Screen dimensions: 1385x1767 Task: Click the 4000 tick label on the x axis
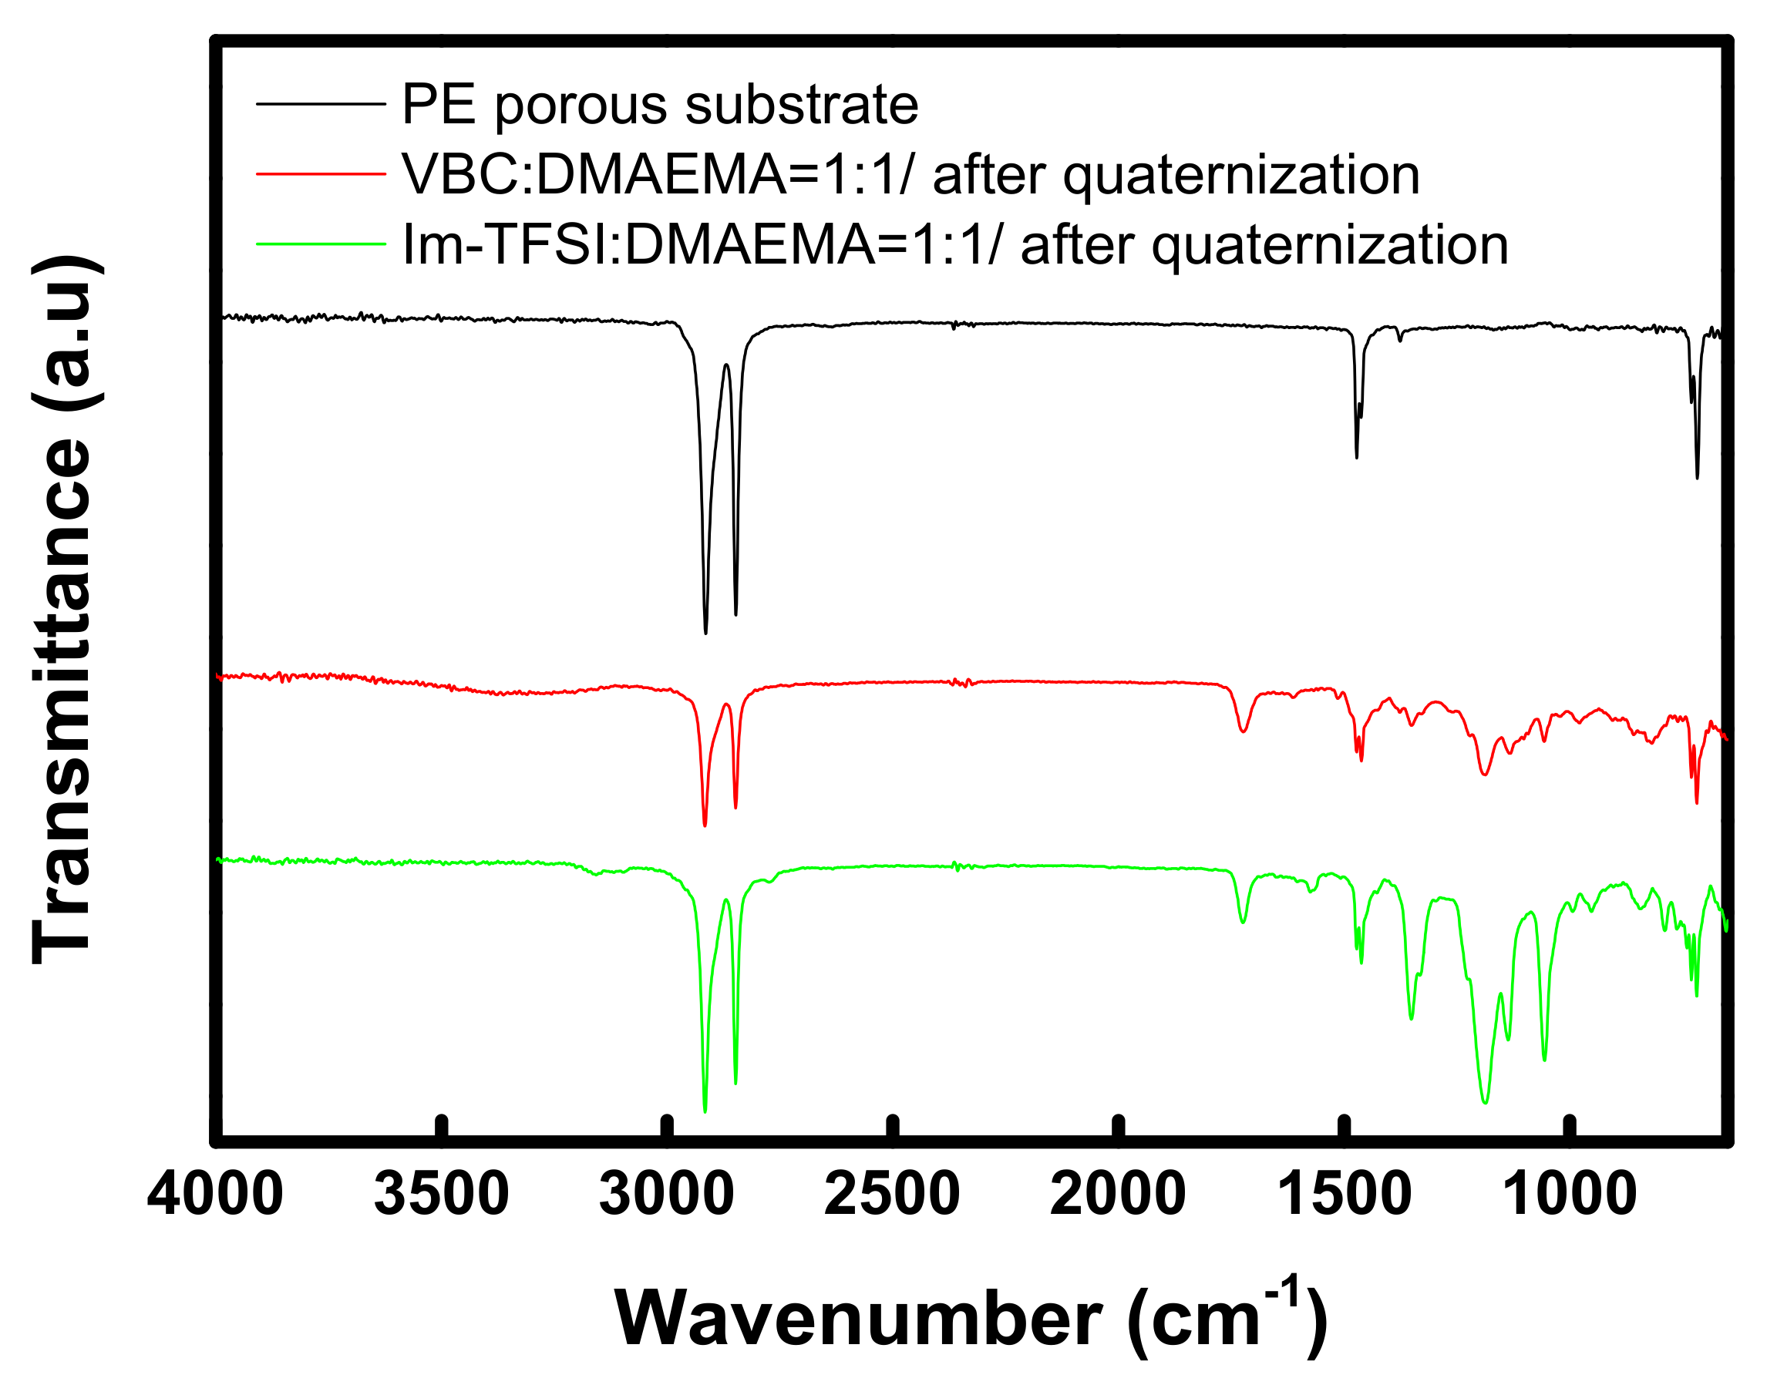click(x=215, y=1195)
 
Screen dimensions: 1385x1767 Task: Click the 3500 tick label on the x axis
click(x=441, y=1195)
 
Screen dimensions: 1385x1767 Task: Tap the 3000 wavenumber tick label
click(x=667, y=1195)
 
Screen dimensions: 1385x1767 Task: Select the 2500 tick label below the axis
click(x=892, y=1195)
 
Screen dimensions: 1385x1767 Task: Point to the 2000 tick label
click(x=1119, y=1195)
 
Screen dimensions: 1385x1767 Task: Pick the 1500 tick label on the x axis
click(x=1345, y=1195)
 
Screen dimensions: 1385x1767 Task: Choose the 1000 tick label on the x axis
click(x=1570, y=1195)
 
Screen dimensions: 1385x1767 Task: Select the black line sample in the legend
click(x=320, y=104)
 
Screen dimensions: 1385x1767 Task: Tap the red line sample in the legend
click(x=320, y=173)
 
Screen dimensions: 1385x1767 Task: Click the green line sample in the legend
click(x=320, y=244)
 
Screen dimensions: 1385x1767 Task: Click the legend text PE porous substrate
click(x=660, y=106)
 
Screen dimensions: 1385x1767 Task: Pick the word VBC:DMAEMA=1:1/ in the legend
click(x=660, y=175)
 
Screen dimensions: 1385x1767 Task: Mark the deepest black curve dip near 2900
click(x=705, y=633)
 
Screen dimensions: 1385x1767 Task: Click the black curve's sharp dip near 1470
click(x=1357, y=457)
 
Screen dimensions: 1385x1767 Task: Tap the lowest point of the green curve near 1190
click(x=1485, y=1102)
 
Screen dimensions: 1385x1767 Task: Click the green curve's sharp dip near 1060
click(x=1544, y=1059)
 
